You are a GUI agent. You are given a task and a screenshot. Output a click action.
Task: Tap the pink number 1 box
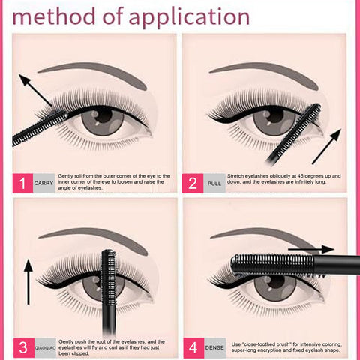(22, 182)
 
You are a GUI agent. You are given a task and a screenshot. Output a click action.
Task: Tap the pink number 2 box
(193, 182)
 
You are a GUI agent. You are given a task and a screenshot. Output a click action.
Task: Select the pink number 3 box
(22, 346)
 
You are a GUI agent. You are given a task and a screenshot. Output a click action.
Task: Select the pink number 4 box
(193, 346)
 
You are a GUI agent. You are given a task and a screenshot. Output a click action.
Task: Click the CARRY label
(43, 182)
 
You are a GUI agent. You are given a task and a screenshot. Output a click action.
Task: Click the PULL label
(214, 182)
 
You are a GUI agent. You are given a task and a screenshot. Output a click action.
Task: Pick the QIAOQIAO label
(43, 346)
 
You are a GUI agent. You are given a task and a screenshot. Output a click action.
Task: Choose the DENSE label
(214, 346)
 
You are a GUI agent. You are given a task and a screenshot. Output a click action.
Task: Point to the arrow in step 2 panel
(325, 146)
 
